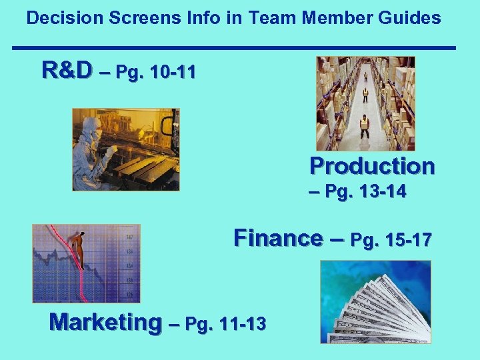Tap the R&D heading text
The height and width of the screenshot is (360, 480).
click(66, 69)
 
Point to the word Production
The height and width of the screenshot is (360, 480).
click(372, 165)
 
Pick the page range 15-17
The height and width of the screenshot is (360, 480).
click(404, 239)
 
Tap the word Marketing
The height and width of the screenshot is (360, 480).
click(105, 322)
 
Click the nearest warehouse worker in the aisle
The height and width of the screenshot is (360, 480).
click(364, 125)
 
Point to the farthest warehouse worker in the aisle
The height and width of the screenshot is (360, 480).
click(365, 77)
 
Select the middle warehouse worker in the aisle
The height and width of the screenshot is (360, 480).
click(365, 95)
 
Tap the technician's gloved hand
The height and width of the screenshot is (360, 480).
click(108, 152)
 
